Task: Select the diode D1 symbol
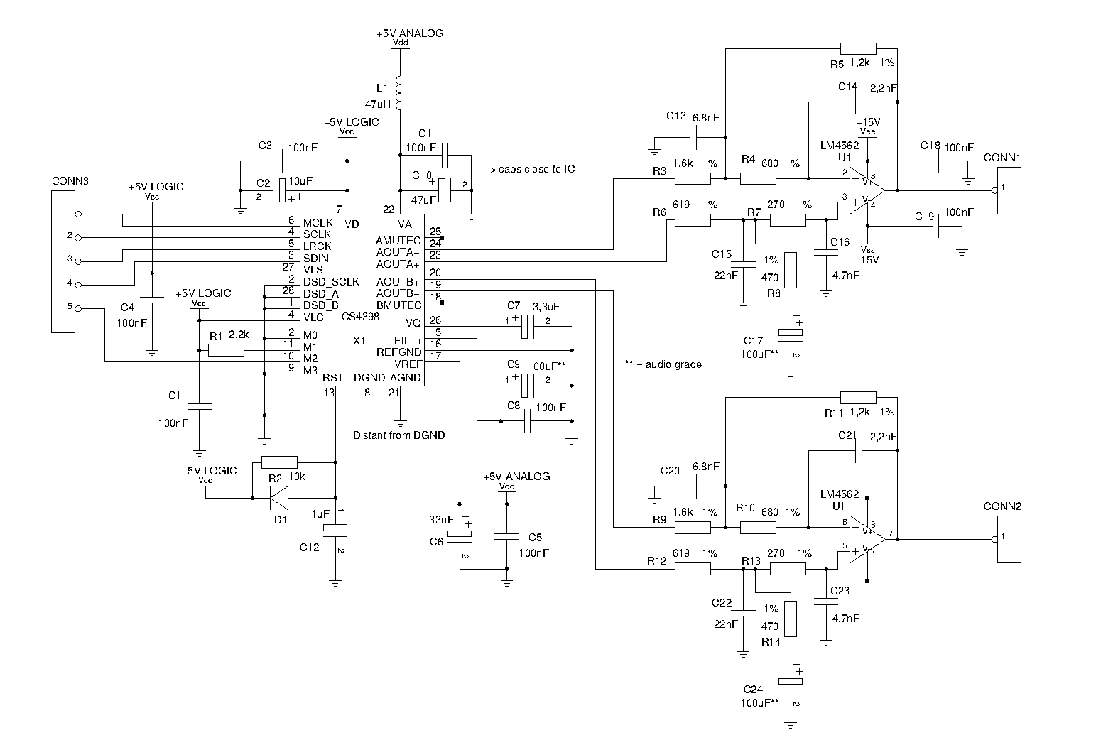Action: tap(278, 498)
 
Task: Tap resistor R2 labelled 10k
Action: tap(280, 462)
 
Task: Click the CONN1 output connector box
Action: tap(1009, 190)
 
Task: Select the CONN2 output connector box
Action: tap(1009, 540)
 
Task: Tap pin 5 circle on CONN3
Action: tap(78, 308)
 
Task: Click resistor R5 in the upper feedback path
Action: tap(858, 48)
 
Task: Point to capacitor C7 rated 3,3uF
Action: tap(526, 327)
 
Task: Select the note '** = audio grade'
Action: tap(663, 364)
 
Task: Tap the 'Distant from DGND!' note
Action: tap(401, 435)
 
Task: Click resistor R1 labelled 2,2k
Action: tap(226, 349)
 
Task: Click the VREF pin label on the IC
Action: tap(408, 364)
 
